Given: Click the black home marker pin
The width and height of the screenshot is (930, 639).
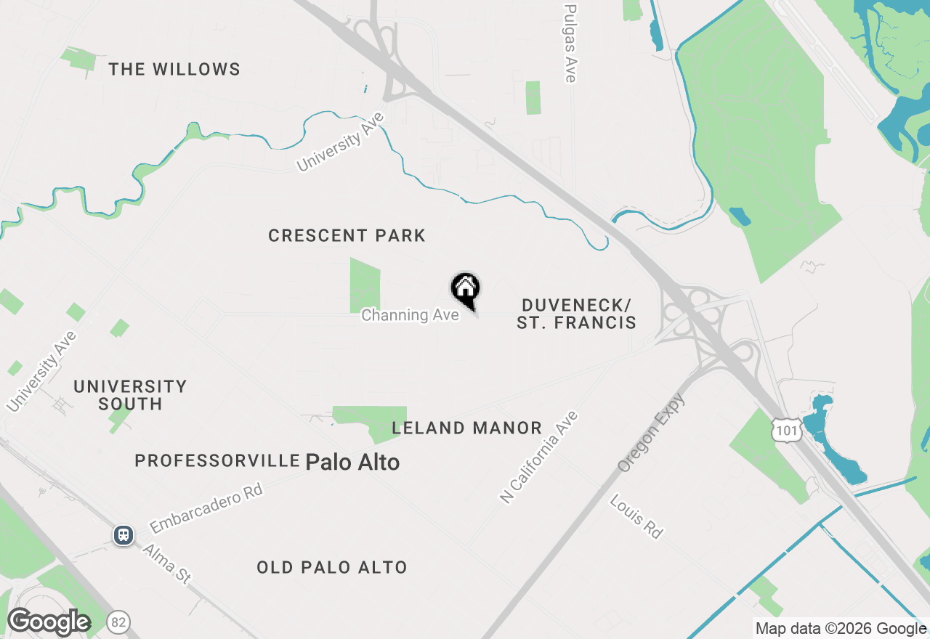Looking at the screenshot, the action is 466,289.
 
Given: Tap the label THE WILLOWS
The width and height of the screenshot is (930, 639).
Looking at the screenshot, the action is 174,70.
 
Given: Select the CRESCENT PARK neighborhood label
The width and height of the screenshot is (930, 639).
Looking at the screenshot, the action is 347,236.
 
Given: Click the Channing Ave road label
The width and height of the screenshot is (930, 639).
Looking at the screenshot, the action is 410,315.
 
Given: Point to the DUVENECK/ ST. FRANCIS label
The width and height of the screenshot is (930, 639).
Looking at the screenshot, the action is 576,314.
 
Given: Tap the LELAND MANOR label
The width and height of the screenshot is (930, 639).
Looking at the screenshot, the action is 466,428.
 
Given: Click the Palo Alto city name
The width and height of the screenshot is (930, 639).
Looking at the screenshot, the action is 352,462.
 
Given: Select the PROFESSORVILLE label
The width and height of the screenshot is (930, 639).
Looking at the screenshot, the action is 217,461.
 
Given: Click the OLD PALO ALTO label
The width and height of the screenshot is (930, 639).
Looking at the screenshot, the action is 331,568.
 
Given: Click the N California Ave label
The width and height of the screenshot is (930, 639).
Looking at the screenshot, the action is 538,457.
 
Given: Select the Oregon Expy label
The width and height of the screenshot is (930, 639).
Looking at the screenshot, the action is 651,433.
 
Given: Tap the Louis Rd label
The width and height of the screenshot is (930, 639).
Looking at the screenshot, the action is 636,516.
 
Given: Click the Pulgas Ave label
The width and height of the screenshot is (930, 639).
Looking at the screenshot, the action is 570,44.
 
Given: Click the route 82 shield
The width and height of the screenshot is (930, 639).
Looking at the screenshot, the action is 118,622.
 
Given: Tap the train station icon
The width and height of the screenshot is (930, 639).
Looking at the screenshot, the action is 124,536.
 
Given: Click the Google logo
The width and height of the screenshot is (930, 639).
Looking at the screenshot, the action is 49,622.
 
